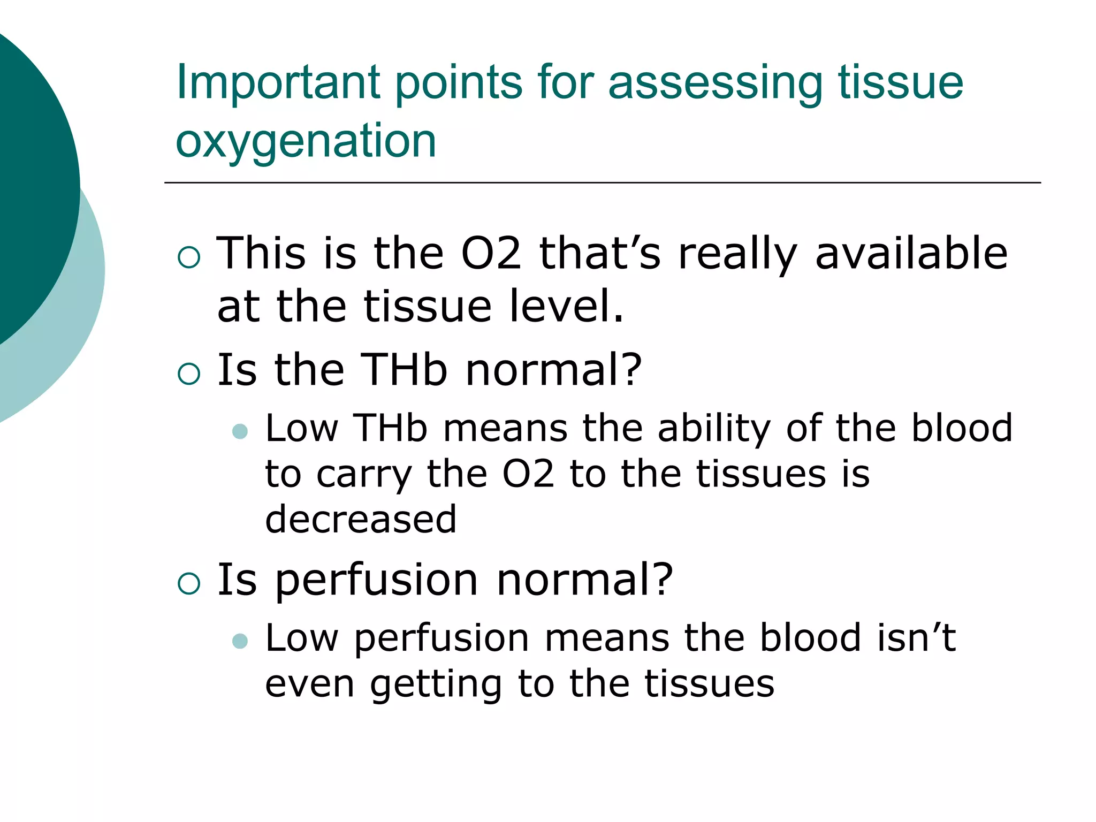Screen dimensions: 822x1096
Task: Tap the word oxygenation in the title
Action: [306, 142]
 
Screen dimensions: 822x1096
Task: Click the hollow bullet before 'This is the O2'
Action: [189, 257]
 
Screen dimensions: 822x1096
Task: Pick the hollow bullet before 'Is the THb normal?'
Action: [189, 373]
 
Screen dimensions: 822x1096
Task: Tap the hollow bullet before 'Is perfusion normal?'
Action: [189, 583]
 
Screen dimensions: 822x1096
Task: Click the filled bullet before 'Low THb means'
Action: [240, 431]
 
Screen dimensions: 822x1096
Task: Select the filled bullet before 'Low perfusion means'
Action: [240, 641]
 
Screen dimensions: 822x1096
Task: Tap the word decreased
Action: [361, 519]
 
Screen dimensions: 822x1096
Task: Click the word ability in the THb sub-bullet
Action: [714, 429]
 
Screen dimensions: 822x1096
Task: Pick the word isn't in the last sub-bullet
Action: [916, 638]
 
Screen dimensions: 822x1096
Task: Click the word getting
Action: [436, 685]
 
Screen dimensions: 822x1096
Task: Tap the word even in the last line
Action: [309, 684]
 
